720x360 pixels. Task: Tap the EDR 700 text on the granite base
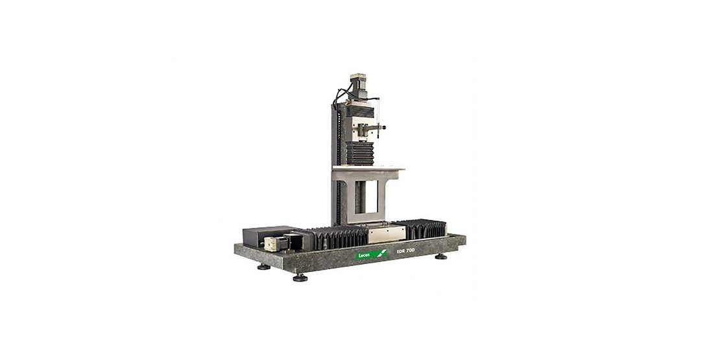point(406,250)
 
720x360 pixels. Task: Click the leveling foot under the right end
point(441,256)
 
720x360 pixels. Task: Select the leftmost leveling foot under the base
point(263,266)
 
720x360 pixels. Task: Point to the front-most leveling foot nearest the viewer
point(300,278)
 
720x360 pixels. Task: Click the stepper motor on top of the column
point(359,85)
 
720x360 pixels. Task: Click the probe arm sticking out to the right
point(378,128)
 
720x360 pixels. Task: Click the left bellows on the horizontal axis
point(337,237)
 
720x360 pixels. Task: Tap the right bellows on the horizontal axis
point(422,229)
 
